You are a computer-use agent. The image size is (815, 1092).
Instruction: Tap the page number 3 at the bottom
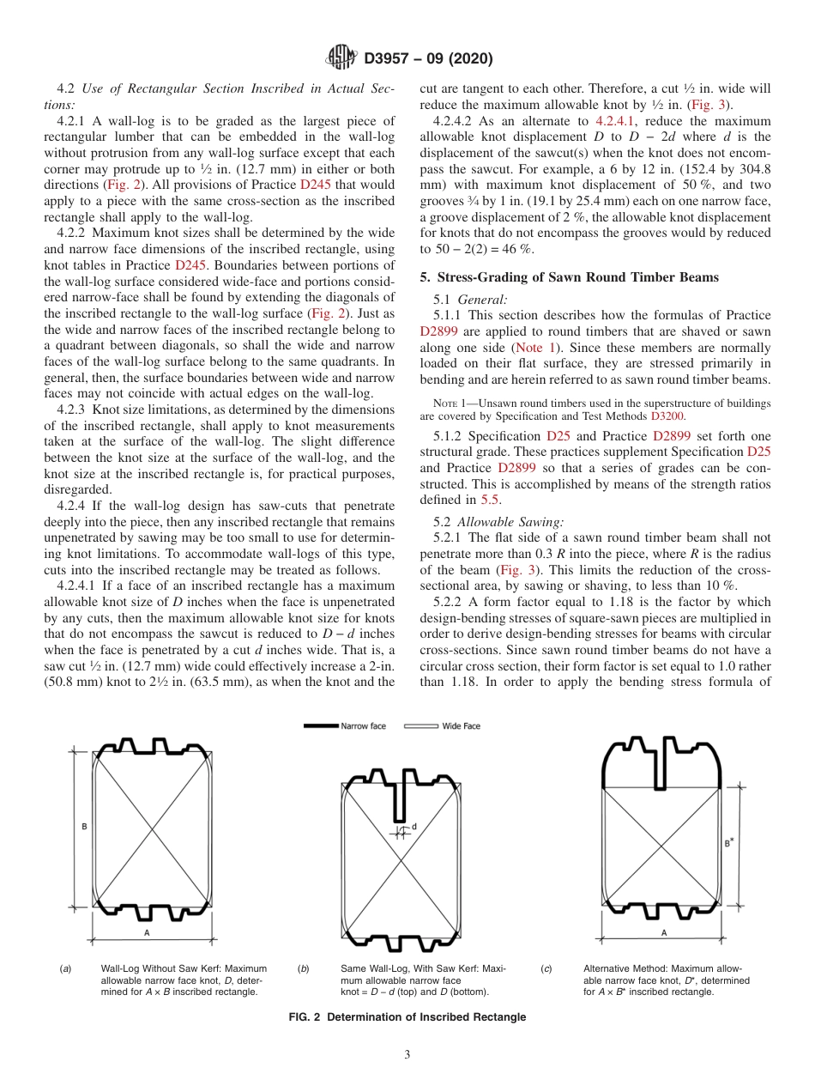(x=407, y=1055)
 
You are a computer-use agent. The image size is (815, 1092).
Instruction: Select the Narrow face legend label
(x=363, y=726)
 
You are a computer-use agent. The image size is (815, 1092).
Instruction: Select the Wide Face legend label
(x=461, y=726)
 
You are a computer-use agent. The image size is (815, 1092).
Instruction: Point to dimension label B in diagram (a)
(x=84, y=826)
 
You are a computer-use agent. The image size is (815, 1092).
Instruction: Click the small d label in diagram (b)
(x=414, y=826)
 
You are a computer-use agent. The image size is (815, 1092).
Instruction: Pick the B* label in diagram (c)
(x=729, y=843)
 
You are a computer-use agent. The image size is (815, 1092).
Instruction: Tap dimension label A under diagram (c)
(x=664, y=932)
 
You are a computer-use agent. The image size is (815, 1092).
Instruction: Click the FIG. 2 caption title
(x=407, y=1017)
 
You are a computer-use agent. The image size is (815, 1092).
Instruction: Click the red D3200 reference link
(x=667, y=416)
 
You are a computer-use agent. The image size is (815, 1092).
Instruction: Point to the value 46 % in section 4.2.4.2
(x=518, y=248)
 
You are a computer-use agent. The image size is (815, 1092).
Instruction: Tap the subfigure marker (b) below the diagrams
(x=303, y=968)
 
